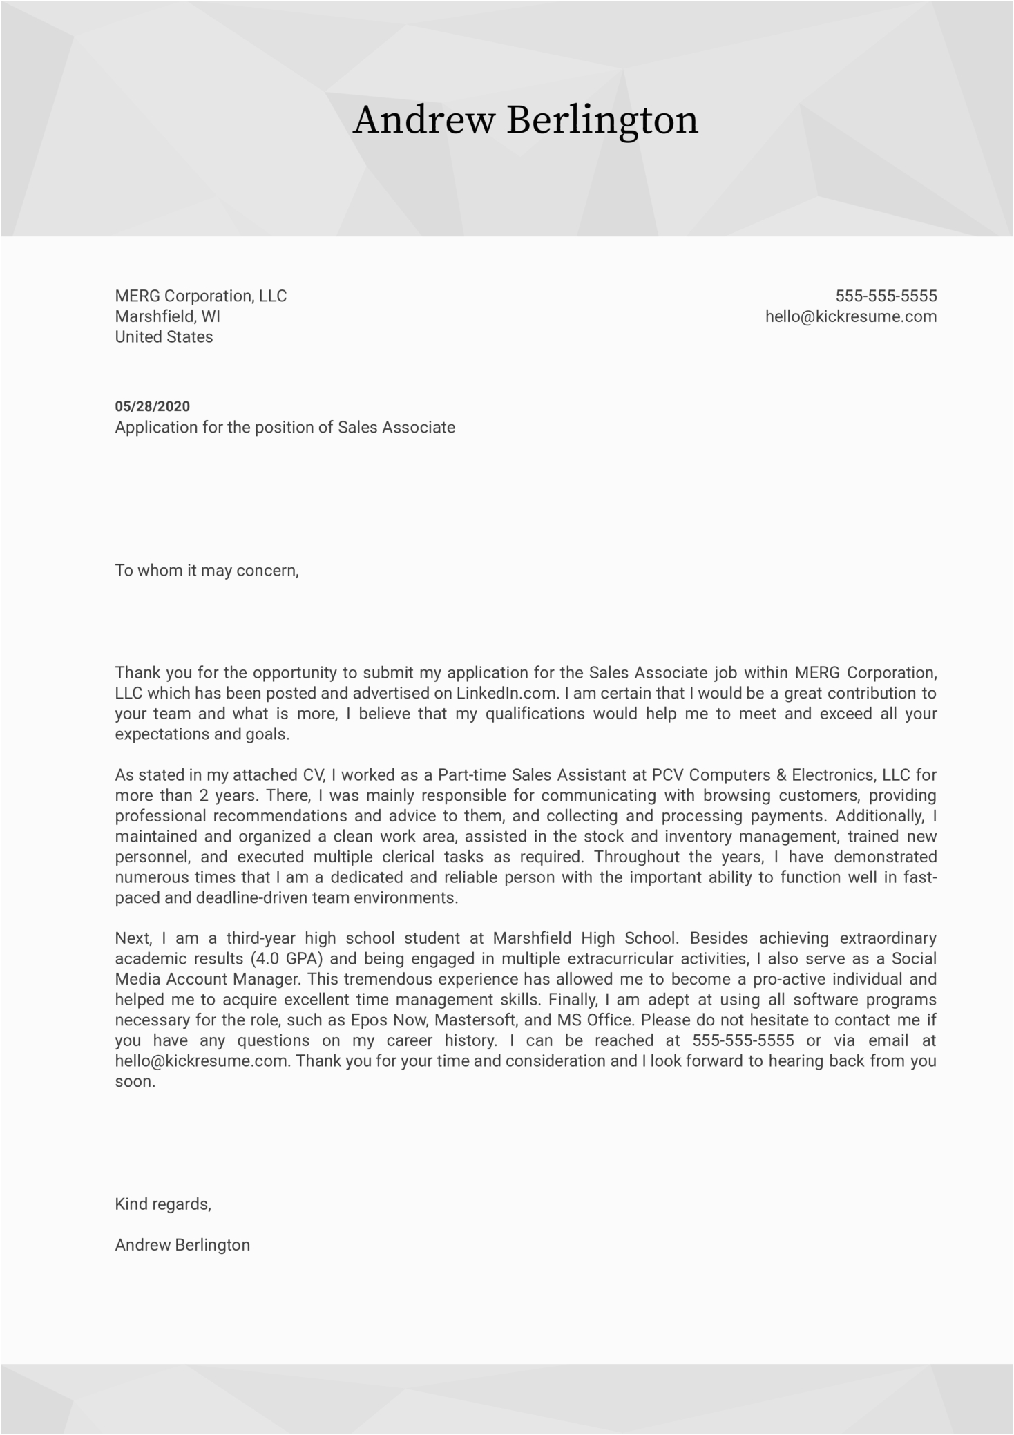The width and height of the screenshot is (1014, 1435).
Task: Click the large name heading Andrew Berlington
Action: tap(525, 120)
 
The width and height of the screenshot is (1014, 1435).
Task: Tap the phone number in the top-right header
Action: tap(886, 296)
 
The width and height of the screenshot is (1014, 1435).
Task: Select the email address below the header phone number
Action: tap(850, 317)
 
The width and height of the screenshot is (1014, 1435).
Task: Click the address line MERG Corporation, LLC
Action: tap(200, 296)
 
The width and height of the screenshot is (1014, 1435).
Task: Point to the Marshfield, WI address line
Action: tap(167, 317)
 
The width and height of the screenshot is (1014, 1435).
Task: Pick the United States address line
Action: tap(164, 337)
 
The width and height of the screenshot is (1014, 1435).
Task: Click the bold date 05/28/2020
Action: tap(152, 406)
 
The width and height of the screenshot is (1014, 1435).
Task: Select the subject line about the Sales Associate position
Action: tap(285, 428)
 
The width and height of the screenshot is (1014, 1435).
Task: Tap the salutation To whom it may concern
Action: tap(207, 571)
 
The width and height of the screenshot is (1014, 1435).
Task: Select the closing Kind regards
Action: tap(163, 1204)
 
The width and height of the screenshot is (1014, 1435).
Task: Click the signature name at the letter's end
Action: tap(182, 1245)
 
